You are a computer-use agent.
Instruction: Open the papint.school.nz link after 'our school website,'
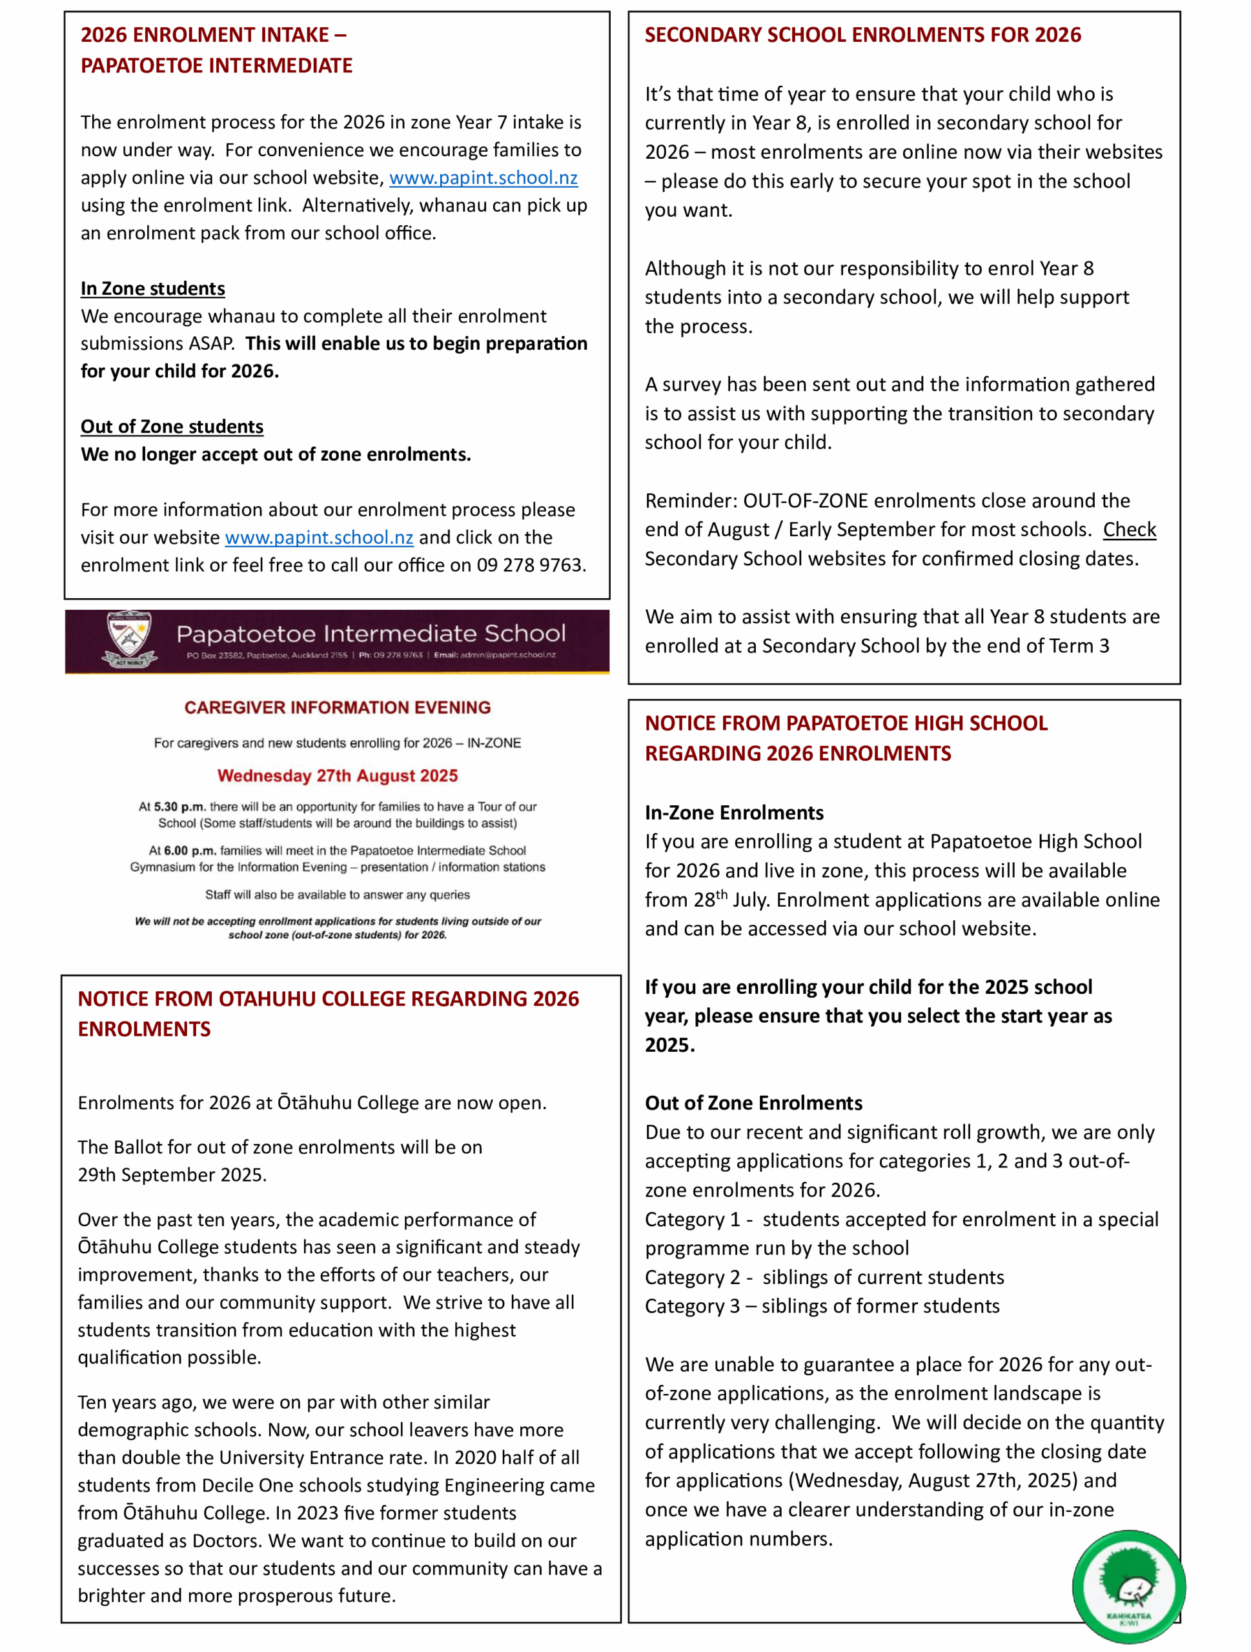click(x=483, y=177)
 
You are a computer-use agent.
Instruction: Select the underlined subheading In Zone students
click(x=152, y=288)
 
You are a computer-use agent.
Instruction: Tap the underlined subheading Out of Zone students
click(x=172, y=427)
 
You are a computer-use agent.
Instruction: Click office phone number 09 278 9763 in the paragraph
click(x=529, y=565)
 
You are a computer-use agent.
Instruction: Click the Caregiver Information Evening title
click(x=338, y=707)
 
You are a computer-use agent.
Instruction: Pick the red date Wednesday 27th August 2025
click(x=338, y=776)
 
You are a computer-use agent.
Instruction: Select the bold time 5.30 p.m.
click(x=179, y=807)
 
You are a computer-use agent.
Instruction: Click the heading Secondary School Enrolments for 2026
click(x=862, y=35)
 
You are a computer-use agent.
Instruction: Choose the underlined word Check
click(x=1129, y=530)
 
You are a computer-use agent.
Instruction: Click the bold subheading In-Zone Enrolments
click(x=734, y=812)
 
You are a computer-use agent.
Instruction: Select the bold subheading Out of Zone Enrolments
click(x=753, y=1103)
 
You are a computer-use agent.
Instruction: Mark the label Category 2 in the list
click(x=693, y=1278)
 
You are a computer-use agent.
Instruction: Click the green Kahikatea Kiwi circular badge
click(x=1128, y=1587)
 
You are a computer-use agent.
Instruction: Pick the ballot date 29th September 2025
click(x=172, y=1174)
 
